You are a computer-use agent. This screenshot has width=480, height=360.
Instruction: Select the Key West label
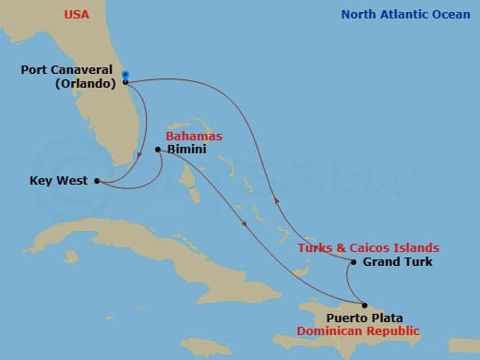pyautogui.click(x=59, y=182)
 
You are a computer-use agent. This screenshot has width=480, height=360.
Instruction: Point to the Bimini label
pyautogui.click(x=186, y=150)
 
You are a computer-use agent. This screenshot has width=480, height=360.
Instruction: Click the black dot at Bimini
pyautogui.click(x=159, y=150)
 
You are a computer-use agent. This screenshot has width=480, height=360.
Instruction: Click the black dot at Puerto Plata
pyautogui.click(x=364, y=306)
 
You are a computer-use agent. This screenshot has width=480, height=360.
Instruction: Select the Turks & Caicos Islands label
pyautogui.click(x=367, y=248)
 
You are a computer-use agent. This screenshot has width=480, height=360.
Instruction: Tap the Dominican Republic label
pyautogui.click(x=365, y=330)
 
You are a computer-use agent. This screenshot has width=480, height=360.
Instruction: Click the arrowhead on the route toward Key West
pyautogui.click(x=138, y=155)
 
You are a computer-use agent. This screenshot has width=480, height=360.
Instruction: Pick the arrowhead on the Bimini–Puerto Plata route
pyautogui.click(x=245, y=222)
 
